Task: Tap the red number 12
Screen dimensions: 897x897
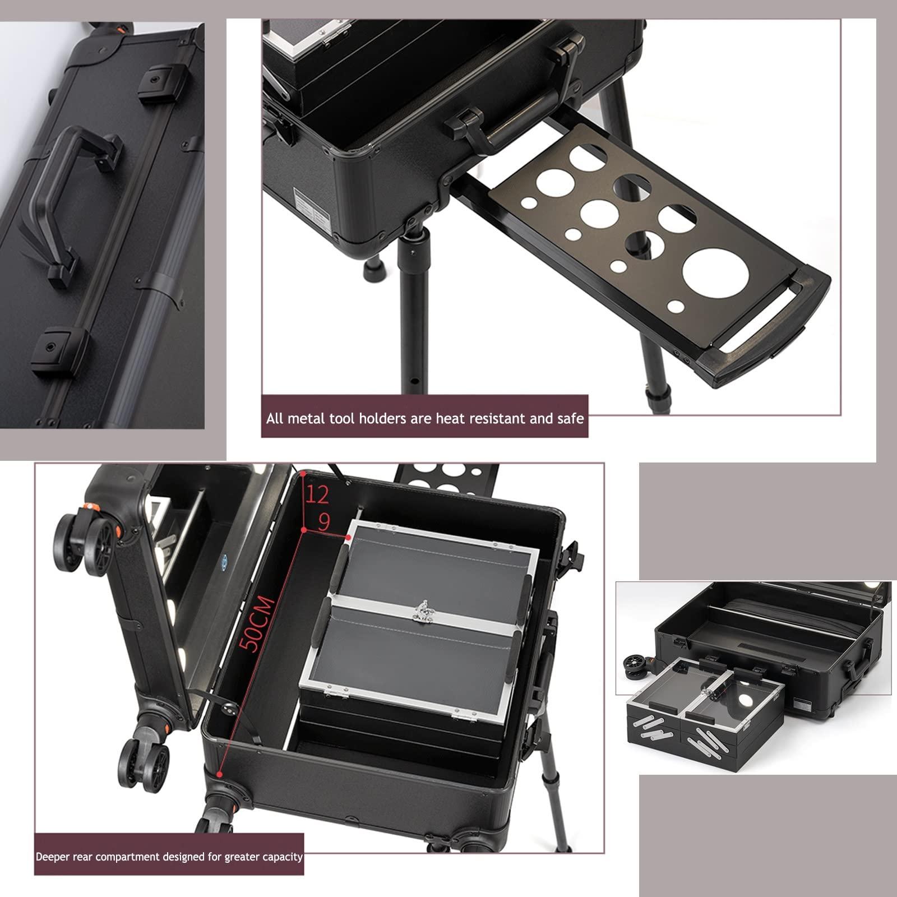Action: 317,494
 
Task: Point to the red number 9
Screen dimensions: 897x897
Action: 324,523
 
